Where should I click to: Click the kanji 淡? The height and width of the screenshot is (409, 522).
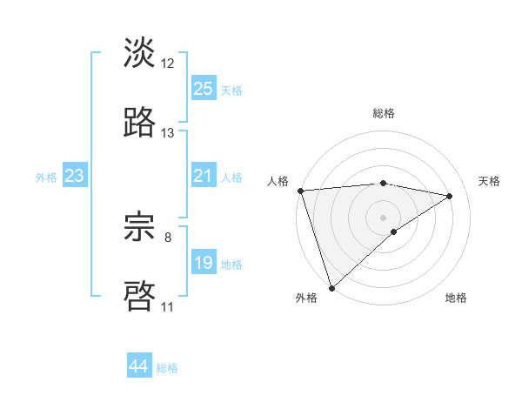(139, 53)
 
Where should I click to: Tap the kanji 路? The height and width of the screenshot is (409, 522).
(139, 123)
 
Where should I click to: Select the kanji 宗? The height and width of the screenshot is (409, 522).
(139, 227)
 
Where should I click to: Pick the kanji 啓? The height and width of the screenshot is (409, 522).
(139, 297)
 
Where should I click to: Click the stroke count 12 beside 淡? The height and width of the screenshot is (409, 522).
(168, 64)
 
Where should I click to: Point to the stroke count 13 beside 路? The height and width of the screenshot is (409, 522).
(168, 133)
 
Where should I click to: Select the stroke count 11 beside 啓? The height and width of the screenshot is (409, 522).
(168, 307)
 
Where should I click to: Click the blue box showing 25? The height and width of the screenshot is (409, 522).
(203, 89)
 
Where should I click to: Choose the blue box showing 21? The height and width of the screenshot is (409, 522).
(203, 176)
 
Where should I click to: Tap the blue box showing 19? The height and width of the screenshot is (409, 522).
(203, 263)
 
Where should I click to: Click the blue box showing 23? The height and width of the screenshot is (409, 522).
(74, 176)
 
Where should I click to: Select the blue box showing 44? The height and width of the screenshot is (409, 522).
(139, 366)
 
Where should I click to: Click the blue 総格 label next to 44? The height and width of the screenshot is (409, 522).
(167, 368)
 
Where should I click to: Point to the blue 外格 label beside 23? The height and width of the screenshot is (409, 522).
(46, 177)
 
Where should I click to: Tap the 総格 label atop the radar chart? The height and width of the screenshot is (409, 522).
(384, 113)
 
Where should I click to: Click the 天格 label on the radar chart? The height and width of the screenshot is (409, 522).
(489, 181)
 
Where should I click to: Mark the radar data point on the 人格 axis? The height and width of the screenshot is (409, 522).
(300, 191)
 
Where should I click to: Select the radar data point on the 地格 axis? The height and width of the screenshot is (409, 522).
(394, 231)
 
